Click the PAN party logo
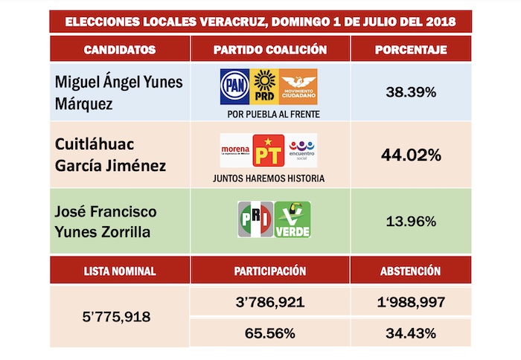pyautogui.click(x=235, y=86)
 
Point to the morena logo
pyautogui.click(x=235, y=150)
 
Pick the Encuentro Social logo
pyautogui.click(x=302, y=150)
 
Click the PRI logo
pyautogui.click(x=255, y=219)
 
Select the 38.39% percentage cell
pyautogui.click(x=412, y=92)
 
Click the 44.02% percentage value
pyautogui.click(x=412, y=155)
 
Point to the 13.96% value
pyautogui.click(x=412, y=220)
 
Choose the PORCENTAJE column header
pyautogui.click(x=412, y=50)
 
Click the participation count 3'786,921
pyautogui.click(x=270, y=302)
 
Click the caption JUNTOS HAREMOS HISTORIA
pyautogui.click(x=269, y=179)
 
